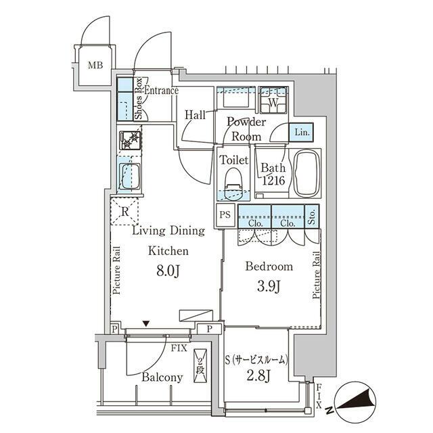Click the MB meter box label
coord(95,65)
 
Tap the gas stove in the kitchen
coord(130,140)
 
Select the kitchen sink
coord(129,177)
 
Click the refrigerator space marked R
coord(124,212)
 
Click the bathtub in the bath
coord(306,173)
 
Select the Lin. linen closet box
coord(301,133)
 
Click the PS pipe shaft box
coord(225,214)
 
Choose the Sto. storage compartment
coord(312,216)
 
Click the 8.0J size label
coord(168,271)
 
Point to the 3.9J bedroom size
coord(269,287)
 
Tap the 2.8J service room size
coord(258,376)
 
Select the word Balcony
coord(162,378)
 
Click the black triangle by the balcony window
coord(146,323)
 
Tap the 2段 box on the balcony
coord(200,366)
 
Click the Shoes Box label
coord(138,99)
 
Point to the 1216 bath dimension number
coord(273,181)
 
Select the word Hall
coord(195,115)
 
